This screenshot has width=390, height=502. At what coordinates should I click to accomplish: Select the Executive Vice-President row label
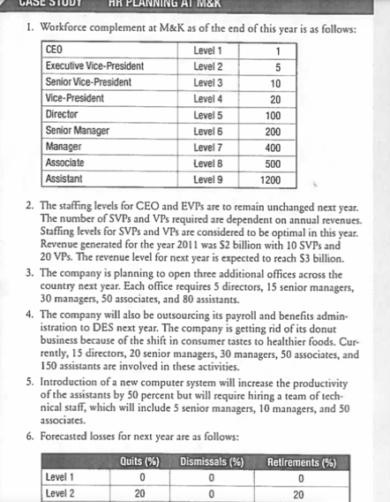(94, 66)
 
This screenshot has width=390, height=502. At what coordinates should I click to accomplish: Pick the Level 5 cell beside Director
(207, 116)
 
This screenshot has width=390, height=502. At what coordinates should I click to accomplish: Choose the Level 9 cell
(207, 179)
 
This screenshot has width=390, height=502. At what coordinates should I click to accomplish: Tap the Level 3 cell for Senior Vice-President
(207, 82)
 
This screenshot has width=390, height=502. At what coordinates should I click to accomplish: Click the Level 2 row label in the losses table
(61, 492)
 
